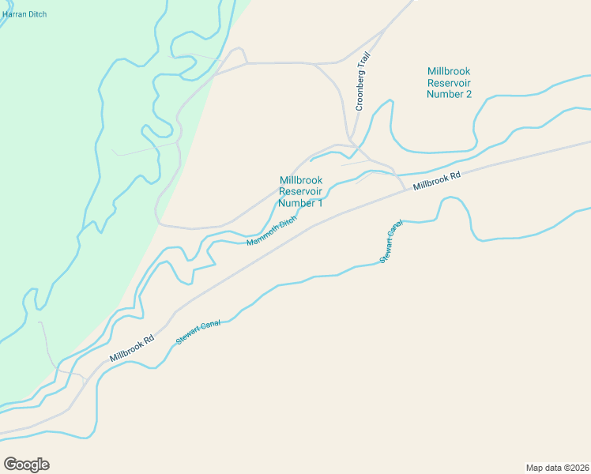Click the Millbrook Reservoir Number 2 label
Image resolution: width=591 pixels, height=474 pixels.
pyautogui.click(x=449, y=82)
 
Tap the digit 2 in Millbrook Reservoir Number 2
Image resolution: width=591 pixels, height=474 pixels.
pyautogui.click(x=469, y=94)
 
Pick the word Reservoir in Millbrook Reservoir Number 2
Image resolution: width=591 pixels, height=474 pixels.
pyautogui.click(x=449, y=82)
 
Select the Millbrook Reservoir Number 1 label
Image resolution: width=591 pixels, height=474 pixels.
pyautogui.click(x=301, y=192)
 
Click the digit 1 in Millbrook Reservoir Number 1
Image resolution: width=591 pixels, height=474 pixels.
pyautogui.click(x=320, y=203)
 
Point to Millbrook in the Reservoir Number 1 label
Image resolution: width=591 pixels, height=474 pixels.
pyautogui.click(x=301, y=180)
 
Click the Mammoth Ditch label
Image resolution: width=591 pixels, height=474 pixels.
pyautogui.click(x=271, y=231)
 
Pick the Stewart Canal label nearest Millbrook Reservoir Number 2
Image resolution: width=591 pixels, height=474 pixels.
pyautogui.click(x=391, y=241)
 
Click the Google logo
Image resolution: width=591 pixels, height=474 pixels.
pyautogui.click(x=26, y=465)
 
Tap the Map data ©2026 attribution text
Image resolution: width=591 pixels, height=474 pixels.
pyautogui.click(x=557, y=468)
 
